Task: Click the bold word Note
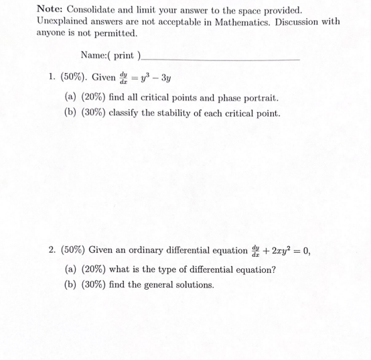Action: pyautogui.click(x=49, y=9)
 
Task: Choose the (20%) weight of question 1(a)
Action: pyautogui.click(x=92, y=97)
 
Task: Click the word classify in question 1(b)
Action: pyautogui.click(x=126, y=113)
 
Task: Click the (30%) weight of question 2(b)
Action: pyautogui.click(x=92, y=285)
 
